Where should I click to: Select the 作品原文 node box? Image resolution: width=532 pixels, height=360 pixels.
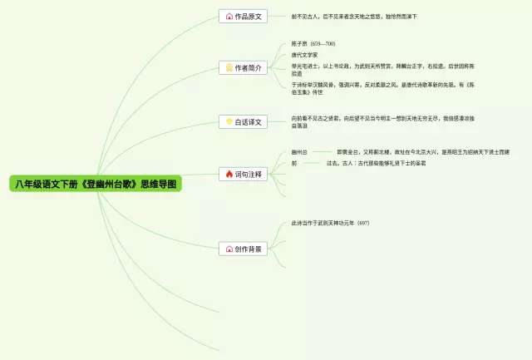243,16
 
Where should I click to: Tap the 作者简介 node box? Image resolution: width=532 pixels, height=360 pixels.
243,67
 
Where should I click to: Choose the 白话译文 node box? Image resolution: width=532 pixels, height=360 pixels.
243,122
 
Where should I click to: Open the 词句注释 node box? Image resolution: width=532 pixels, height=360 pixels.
243,175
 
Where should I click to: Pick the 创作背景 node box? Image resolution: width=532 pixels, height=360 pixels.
243,249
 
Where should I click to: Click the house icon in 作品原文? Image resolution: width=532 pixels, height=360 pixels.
229,16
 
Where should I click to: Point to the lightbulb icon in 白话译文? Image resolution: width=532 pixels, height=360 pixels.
229,122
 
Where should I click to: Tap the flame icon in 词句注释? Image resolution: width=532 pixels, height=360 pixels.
229,175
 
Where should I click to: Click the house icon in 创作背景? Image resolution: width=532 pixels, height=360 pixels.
229,249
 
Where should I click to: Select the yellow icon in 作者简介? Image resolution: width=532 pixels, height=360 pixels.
229,67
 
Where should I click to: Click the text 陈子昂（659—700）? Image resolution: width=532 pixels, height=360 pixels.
313,43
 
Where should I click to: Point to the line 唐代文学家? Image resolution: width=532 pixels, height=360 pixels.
304,55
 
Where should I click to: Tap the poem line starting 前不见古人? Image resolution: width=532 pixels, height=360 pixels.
354,16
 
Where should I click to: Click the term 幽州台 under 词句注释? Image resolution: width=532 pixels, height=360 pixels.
299,152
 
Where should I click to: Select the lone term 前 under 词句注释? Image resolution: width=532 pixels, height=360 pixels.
293,164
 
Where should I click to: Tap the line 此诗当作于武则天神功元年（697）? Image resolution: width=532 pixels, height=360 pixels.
330,223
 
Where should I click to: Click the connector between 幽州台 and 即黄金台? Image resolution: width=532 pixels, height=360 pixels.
323,153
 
